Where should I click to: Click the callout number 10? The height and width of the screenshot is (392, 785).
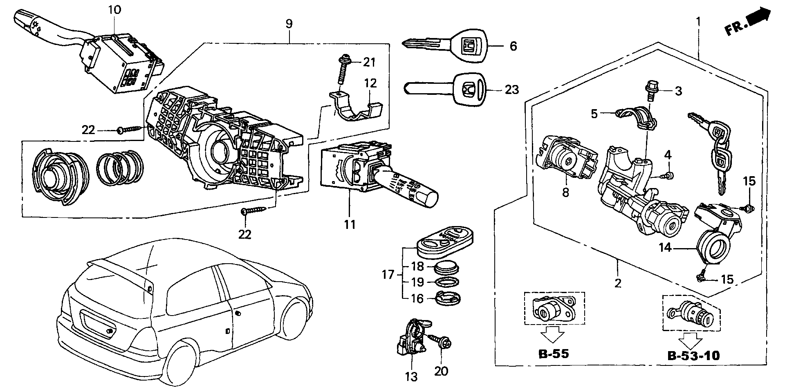click(x=114, y=9)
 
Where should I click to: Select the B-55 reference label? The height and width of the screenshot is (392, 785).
click(x=552, y=354)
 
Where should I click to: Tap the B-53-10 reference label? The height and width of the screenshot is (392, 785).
click(x=693, y=355)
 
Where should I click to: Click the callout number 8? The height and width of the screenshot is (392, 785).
click(x=565, y=192)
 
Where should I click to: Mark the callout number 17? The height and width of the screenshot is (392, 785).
click(x=388, y=275)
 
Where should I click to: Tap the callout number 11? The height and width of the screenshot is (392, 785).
click(x=350, y=224)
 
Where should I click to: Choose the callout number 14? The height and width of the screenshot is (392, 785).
click(x=665, y=247)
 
